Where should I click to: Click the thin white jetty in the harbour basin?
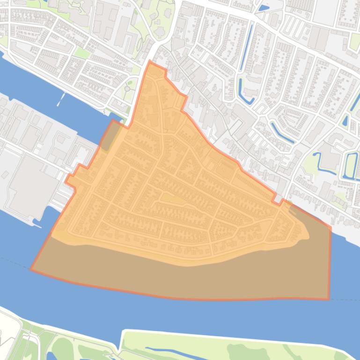pyautogui.click(x=61, y=99)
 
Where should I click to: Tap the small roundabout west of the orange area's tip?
pyautogui.click(x=127, y=89)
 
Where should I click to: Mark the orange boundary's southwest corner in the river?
pyautogui.click(x=31, y=269)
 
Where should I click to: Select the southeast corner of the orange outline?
pyautogui.click(x=329, y=299)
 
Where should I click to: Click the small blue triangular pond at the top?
pyautogui.click(x=263, y=8)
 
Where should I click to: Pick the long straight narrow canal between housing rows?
pyautogui.click(x=246, y=47)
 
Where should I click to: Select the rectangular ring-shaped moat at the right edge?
pyautogui.click(x=350, y=166)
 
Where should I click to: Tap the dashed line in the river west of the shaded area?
pyautogui.click(x=12, y=260)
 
